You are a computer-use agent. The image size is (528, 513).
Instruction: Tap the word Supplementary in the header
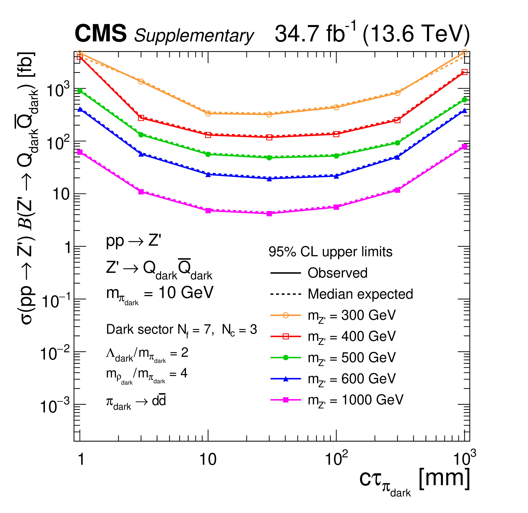click(194, 36)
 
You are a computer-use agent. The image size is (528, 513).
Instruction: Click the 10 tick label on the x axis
click(208, 459)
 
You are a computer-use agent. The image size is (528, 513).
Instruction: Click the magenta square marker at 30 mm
click(269, 214)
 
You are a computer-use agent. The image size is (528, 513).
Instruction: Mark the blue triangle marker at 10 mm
click(208, 174)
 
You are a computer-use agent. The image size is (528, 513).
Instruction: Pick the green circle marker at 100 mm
click(336, 156)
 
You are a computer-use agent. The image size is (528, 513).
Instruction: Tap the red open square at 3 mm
click(141, 118)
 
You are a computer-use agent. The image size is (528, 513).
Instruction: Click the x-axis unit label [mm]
click(445, 478)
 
